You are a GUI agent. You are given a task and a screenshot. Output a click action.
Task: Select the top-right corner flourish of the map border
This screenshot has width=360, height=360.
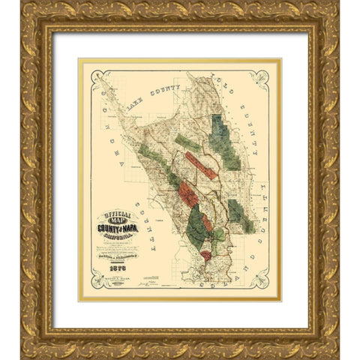261,77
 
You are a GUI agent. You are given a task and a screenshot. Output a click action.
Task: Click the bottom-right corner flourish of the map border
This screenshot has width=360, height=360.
261,280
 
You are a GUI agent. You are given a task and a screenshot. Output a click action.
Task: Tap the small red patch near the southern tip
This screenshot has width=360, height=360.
205,256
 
